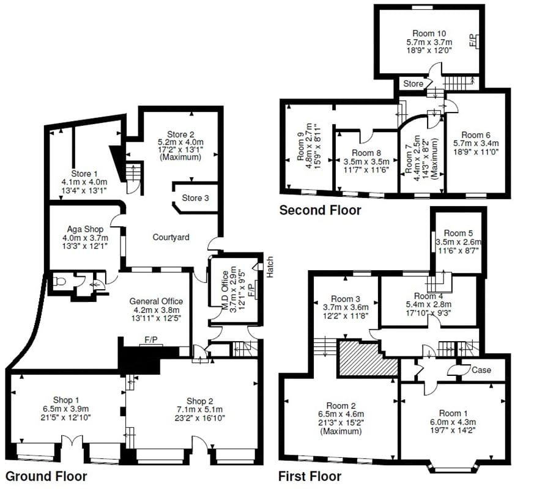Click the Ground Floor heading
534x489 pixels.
pos(46,476)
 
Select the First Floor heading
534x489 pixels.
pos(310,476)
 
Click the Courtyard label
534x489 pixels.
pos(171,237)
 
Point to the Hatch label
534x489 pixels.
pos(270,267)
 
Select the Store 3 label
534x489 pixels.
pos(196,198)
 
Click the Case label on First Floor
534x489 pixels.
pos(481,370)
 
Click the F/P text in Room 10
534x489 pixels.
pos(472,41)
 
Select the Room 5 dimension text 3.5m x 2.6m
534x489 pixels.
pos(458,242)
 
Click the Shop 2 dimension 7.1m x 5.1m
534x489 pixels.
pos(193,409)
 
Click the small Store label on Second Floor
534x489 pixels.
pos(412,83)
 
